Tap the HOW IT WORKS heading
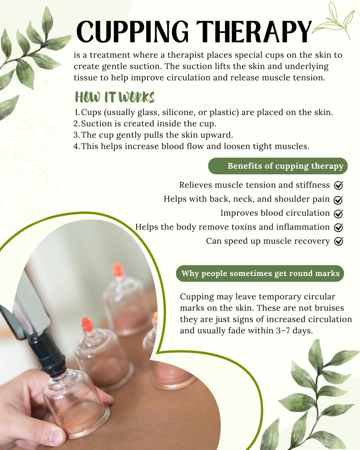click(115, 97)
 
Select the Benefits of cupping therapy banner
click(278, 166)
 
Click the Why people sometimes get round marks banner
click(260, 273)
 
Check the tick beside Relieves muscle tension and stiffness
click(338, 185)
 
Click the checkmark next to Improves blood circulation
click(338, 213)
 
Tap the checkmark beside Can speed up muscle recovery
click(338, 241)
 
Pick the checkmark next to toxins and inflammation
click(338, 227)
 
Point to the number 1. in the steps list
click(77, 113)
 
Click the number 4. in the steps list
click(77, 146)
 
